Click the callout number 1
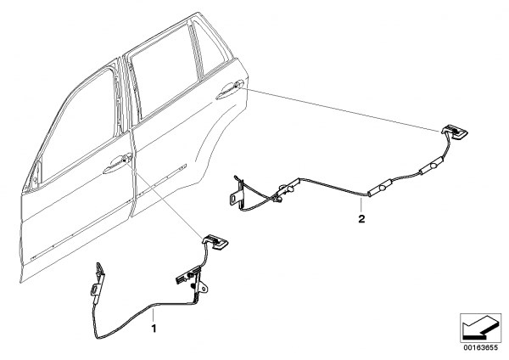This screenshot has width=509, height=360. (x=154, y=326)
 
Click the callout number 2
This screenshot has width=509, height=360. (x=362, y=218)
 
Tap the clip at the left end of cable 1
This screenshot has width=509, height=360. (x=99, y=272)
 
